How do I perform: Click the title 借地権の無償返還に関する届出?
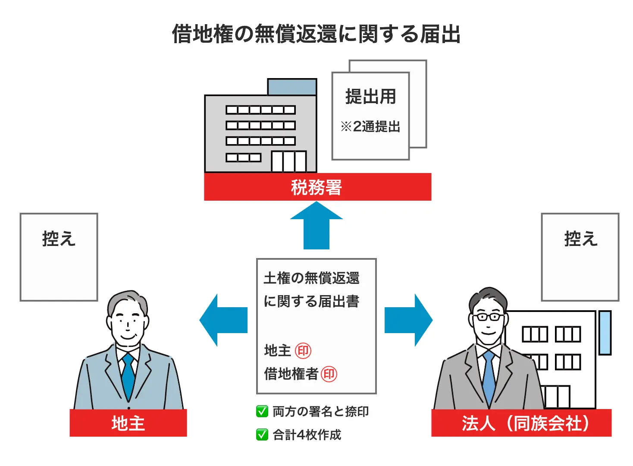[x=316, y=34]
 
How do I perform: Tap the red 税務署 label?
[x=317, y=187]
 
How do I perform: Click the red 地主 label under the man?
[x=128, y=423]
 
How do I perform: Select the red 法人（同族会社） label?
[x=522, y=423]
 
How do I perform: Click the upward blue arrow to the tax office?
[x=316, y=226]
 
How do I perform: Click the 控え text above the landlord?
[x=59, y=239]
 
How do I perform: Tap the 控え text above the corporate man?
[x=580, y=239]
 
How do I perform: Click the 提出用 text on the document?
[x=370, y=97]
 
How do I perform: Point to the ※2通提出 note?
[x=370, y=127]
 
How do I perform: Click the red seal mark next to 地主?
[x=303, y=351]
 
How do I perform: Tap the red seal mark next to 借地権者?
[x=329, y=374]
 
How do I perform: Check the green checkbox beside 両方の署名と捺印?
[x=262, y=411]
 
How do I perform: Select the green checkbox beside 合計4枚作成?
[x=262, y=435]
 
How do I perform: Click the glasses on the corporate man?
[x=488, y=317]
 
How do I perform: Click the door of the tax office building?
[x=288, y=161]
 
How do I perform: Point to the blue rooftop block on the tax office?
[x=292, y=87]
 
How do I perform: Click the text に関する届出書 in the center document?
[x=311, y=301]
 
